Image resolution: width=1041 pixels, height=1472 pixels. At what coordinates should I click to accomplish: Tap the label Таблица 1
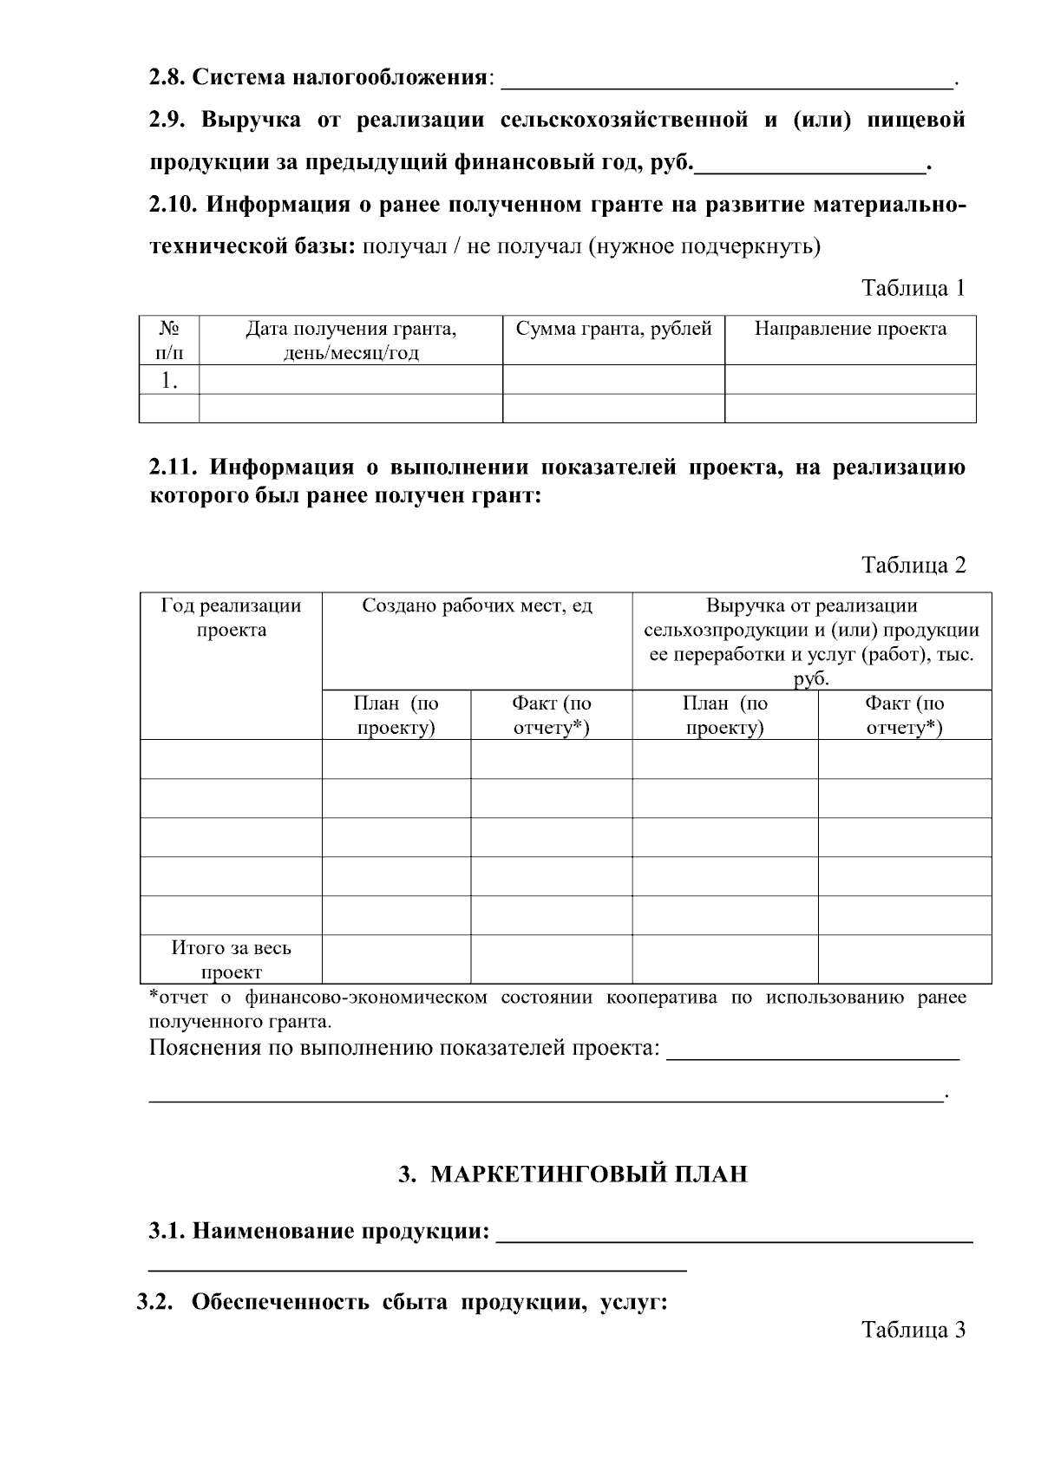pyautogui.click(x=913, y=288)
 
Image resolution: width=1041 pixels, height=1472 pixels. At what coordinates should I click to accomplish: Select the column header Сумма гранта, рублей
pyautogui.click(x=613, y=330)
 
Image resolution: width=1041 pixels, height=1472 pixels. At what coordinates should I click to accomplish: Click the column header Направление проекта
pyautogui.click(x=850, y=330)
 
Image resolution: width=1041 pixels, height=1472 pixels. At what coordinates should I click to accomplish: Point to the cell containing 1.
pyautogui.click(x=169, y=380)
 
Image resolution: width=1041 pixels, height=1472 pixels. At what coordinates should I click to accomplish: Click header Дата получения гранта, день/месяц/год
pyautogui.click(x=350, y=340)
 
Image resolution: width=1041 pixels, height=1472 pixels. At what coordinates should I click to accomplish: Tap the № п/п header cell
pyautogui.click(x=169, y=340)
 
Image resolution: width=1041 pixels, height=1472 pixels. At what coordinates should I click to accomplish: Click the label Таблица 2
pyautogui.click(x=913, y=566)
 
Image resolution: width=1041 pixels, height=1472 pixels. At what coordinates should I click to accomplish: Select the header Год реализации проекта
pyautogui.click(x=231, y=618)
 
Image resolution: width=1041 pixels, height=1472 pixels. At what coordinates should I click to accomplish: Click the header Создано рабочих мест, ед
pyautogui.click(x=476, y=606)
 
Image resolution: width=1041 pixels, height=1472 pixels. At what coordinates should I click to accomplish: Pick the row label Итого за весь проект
pyautogui.click(x=231, y=959)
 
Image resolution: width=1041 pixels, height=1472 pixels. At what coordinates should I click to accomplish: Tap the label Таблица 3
pyautogui.click(x=913, y=1330)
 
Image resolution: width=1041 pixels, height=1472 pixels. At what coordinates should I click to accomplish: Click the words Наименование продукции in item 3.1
pyautogui.click(x=339, y=1231)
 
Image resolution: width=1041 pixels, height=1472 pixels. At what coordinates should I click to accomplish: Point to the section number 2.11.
pyautogui.click(x=174, y=468)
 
